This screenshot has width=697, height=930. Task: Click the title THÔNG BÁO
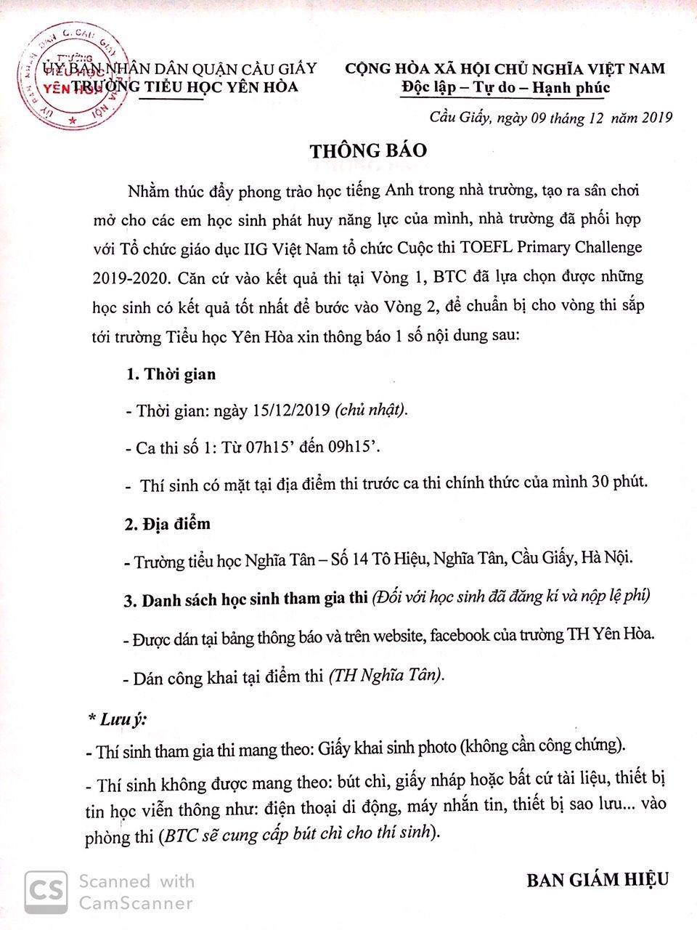(x=368, y=151)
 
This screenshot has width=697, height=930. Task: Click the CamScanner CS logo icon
(x=46, y=891)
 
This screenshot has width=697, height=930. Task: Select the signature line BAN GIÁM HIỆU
(x=597, y=881)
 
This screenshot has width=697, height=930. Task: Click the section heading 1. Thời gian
(x=171, y=375)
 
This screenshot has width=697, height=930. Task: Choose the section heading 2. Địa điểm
(x=167, y=524)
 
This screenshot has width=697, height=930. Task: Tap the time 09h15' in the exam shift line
(x=354, y=447)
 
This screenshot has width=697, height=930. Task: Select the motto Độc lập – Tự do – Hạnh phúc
(x=505, y=89)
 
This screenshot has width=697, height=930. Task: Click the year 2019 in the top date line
(x=658, y=118)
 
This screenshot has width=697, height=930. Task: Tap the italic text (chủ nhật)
(x=371, y=410)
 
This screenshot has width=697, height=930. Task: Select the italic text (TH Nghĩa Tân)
(x=386, y=676)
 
